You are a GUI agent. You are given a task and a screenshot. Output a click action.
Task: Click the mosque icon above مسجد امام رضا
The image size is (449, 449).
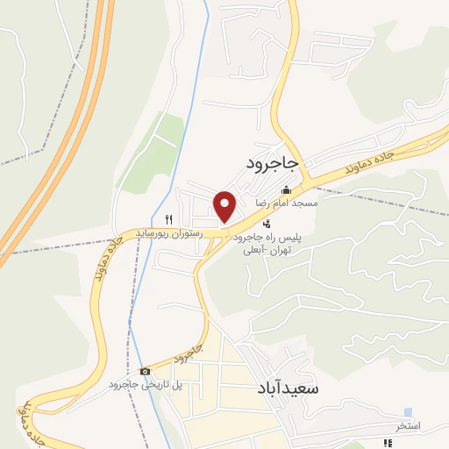285,191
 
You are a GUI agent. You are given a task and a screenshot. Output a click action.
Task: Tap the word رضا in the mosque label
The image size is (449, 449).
261,203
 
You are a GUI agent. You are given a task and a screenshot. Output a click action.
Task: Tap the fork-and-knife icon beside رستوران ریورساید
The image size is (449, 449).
169,218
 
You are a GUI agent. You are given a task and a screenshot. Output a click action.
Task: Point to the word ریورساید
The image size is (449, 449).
154,232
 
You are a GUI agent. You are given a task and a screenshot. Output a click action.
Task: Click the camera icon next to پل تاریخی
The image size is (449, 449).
145,372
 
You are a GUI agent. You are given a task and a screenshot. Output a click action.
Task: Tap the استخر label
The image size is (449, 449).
408,425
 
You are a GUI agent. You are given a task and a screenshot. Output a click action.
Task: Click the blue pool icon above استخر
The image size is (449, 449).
408,412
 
